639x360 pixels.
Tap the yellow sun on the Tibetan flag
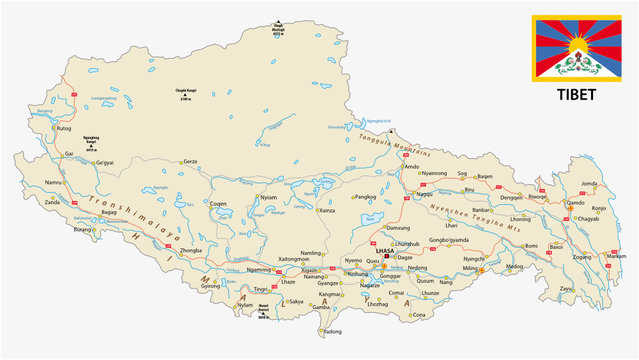point(574,47)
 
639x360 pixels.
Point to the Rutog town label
point(65,129)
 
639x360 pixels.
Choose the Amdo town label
point(411,166)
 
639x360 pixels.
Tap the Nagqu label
point(425,193)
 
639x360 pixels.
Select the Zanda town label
point(52,201)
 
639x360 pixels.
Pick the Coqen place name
point(218,203)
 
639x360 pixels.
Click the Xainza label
point(327,211)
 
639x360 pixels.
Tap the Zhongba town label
point(191,250)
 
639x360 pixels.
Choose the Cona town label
point(418,315)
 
